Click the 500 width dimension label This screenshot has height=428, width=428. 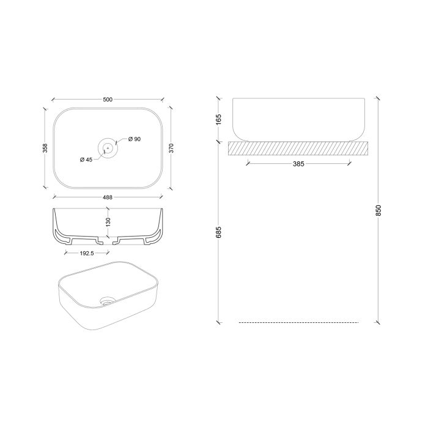[108, 99]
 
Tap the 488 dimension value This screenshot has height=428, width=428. [108, 197]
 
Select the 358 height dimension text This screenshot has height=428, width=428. [45, 148]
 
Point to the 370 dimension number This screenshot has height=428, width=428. [171, 148]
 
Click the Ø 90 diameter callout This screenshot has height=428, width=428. [135, 139]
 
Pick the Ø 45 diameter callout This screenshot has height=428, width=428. [86, 160]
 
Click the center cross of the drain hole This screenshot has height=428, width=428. [108, 148]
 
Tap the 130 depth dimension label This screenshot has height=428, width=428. [108, 222]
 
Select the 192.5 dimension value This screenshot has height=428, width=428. [87, 253]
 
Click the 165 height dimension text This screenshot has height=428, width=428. [219, 120]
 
